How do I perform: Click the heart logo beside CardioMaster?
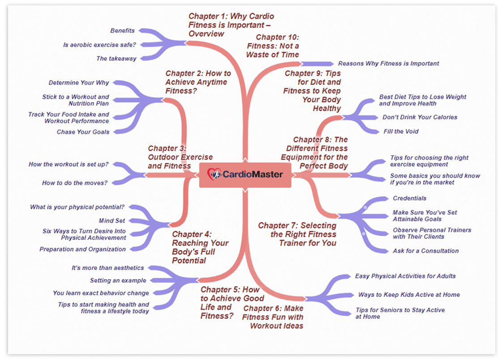tap(214, 174)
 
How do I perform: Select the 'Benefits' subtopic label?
tap(122, 30)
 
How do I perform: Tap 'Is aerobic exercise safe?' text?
tap(99, 45)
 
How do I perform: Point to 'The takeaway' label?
tap(116, 58)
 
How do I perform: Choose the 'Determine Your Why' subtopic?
tap(79, 82)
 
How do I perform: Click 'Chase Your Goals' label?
tap(83, 132)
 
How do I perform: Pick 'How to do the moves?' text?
tap(74, 183)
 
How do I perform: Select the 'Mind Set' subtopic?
tap(111, 220)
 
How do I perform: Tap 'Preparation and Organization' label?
tap(82, 249)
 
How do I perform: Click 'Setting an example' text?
tap(118, 280)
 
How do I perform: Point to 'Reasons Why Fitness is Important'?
tap(388, 64)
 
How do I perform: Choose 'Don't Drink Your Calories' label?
tap(420, 117)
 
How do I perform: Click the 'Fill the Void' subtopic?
tap(401, 131)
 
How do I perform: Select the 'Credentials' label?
tap(409, 198)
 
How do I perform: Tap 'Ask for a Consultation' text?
tap(426, 251)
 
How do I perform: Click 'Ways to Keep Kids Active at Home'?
tap(409, 295)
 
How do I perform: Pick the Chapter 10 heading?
tap(273, 46)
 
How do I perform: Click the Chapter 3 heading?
tap(180, 157)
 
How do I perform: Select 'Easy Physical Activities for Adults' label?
tap(405, 276)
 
